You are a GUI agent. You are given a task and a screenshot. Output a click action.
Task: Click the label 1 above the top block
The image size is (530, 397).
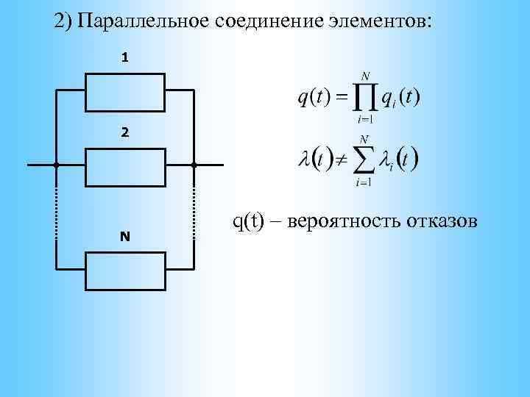click(x=124, y=57)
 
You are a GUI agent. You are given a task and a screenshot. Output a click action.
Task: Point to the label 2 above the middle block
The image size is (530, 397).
click(x=124, y=133)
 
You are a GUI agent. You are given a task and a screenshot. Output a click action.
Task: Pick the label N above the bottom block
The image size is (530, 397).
click(x=124, y=237)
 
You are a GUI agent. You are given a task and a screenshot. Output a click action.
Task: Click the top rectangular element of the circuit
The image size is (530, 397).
click(x=124, y=90)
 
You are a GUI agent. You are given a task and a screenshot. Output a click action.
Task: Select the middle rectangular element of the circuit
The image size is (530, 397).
click(x=124, y=165)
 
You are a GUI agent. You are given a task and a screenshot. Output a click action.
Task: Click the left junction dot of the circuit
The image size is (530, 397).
click(x=56, y=165)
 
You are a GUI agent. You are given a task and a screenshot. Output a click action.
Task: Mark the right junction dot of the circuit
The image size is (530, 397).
click(x=194, y=165)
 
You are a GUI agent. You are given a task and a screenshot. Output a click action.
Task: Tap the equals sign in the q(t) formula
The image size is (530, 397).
click(x=342, y=98)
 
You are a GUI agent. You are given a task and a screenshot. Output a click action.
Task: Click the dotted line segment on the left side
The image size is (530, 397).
click(x=56, y=213)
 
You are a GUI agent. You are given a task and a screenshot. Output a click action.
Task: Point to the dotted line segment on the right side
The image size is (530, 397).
click(x=194, y=213)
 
